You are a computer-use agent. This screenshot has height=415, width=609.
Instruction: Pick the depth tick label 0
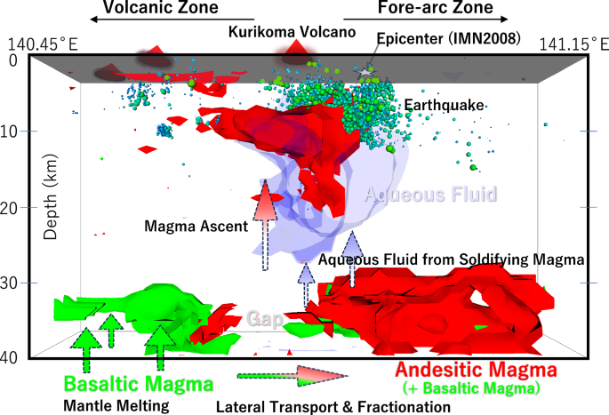coord(12,60)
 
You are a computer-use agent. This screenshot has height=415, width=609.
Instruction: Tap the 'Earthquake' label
coord(444,106)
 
